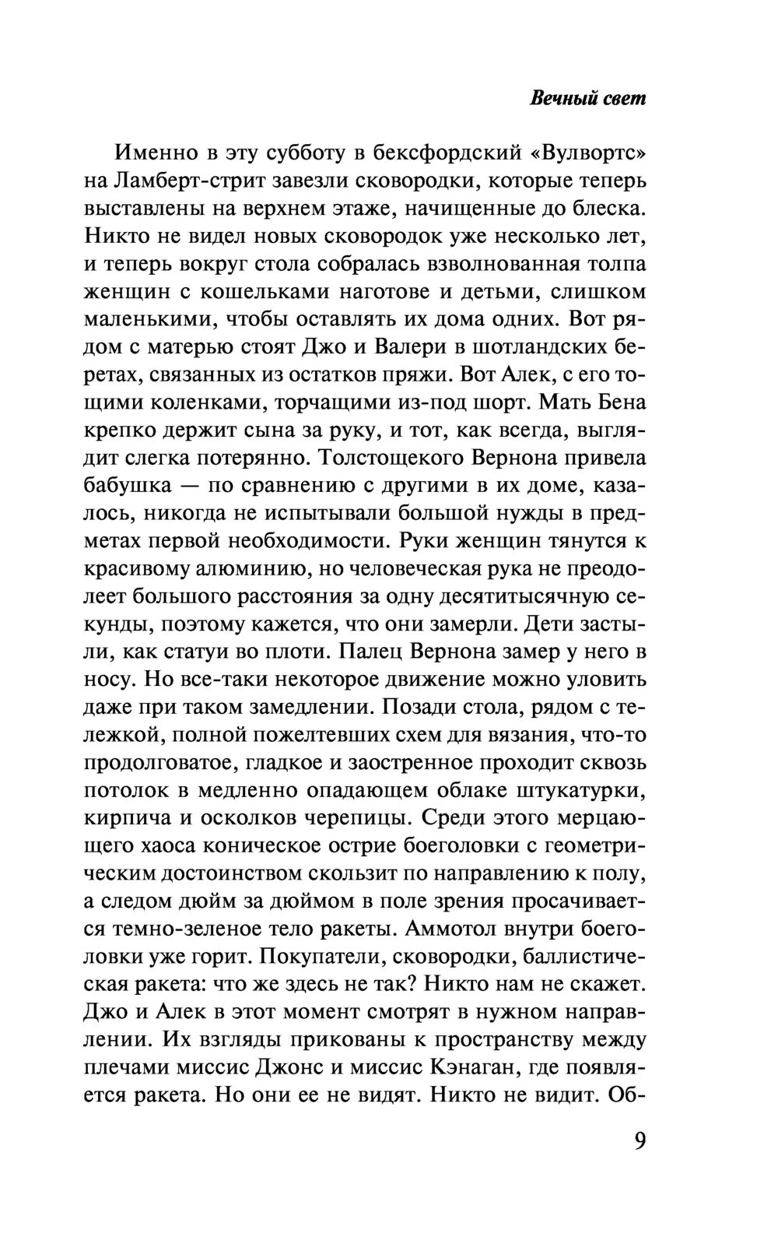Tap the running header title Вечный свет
click(587, 100)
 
